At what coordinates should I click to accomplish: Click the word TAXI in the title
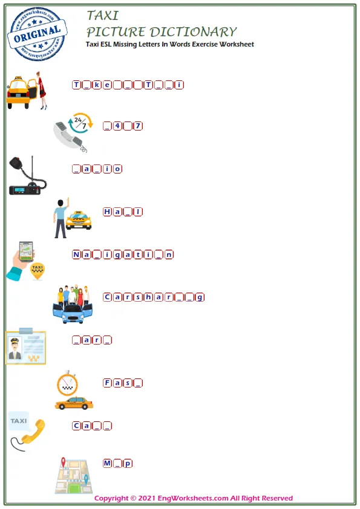(103, 15)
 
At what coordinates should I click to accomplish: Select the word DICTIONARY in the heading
(193, 32)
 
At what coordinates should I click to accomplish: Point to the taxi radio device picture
(27, 177)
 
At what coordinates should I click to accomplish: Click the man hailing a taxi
(61, 218)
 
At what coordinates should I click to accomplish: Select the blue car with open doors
(73, 312)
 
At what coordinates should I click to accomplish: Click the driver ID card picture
(25, 347)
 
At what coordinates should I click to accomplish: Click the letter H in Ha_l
(107, 212)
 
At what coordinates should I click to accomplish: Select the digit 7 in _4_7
(138, 126)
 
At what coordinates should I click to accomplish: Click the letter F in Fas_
(107, 383)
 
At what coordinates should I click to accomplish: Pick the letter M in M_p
(107, 463)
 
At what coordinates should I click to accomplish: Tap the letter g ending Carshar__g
(200, 297)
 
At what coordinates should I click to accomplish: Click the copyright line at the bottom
(194, 499)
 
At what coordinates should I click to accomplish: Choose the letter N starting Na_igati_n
(76, 254)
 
